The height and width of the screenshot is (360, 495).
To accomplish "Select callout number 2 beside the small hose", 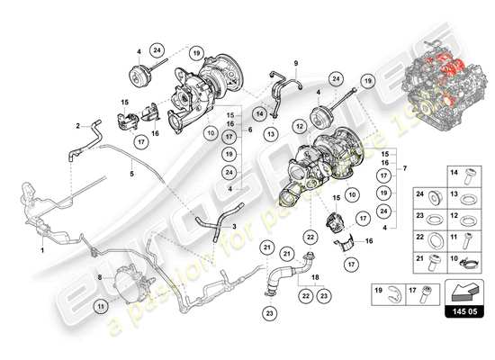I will click(x=78, y=125).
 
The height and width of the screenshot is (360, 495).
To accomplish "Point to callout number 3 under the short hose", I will click(x=235, y=229).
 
